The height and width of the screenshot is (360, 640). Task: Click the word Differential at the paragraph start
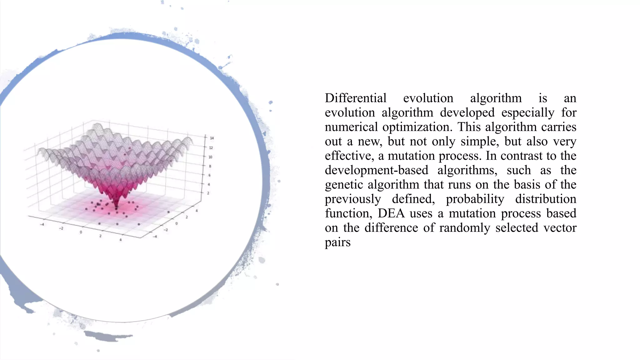pos(356,98)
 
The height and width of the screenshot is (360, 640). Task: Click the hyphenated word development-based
pos(377,170)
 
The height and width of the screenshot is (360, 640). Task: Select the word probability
pos(475,199)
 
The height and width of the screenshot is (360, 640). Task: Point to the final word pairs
pos(337,242)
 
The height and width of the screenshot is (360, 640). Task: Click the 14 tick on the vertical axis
pos(212,138)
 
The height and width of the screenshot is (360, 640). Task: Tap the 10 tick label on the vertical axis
pos(210,157)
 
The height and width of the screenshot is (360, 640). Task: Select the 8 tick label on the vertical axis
pos(210,166)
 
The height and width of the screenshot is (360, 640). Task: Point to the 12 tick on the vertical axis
pos(211,147)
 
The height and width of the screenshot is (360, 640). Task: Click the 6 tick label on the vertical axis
pos(209,175)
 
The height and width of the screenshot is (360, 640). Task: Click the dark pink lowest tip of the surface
pos(117,207)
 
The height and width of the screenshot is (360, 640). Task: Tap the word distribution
pos(546,199)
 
